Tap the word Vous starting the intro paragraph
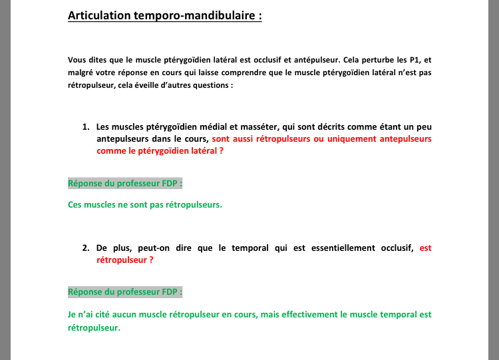[x=77, y=59]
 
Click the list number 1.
[x=85, y=126]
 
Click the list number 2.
[x=85, y=248]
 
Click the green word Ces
[x=76, y=204]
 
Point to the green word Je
[x=72, y=314]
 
